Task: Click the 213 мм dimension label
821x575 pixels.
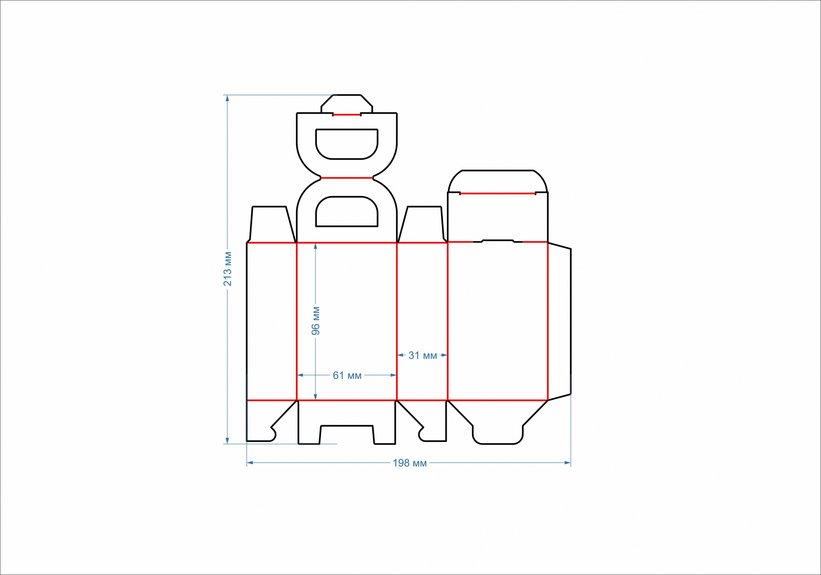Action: (x=228, y=269)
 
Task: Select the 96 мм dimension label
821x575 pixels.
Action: (x=316, y=321)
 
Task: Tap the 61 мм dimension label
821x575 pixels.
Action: (x=347, y=376)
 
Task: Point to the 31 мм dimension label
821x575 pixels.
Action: (x=422, y=355)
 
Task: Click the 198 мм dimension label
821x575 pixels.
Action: (x=410, y=463)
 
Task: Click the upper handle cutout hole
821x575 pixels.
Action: (x=347, y=144)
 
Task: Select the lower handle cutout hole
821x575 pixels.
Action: (x=347, y=212)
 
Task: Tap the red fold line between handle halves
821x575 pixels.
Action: (x=347, y=178)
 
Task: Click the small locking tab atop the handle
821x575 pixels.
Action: (x=347, y=104)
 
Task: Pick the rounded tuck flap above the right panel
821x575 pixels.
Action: (x=498, y=181)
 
